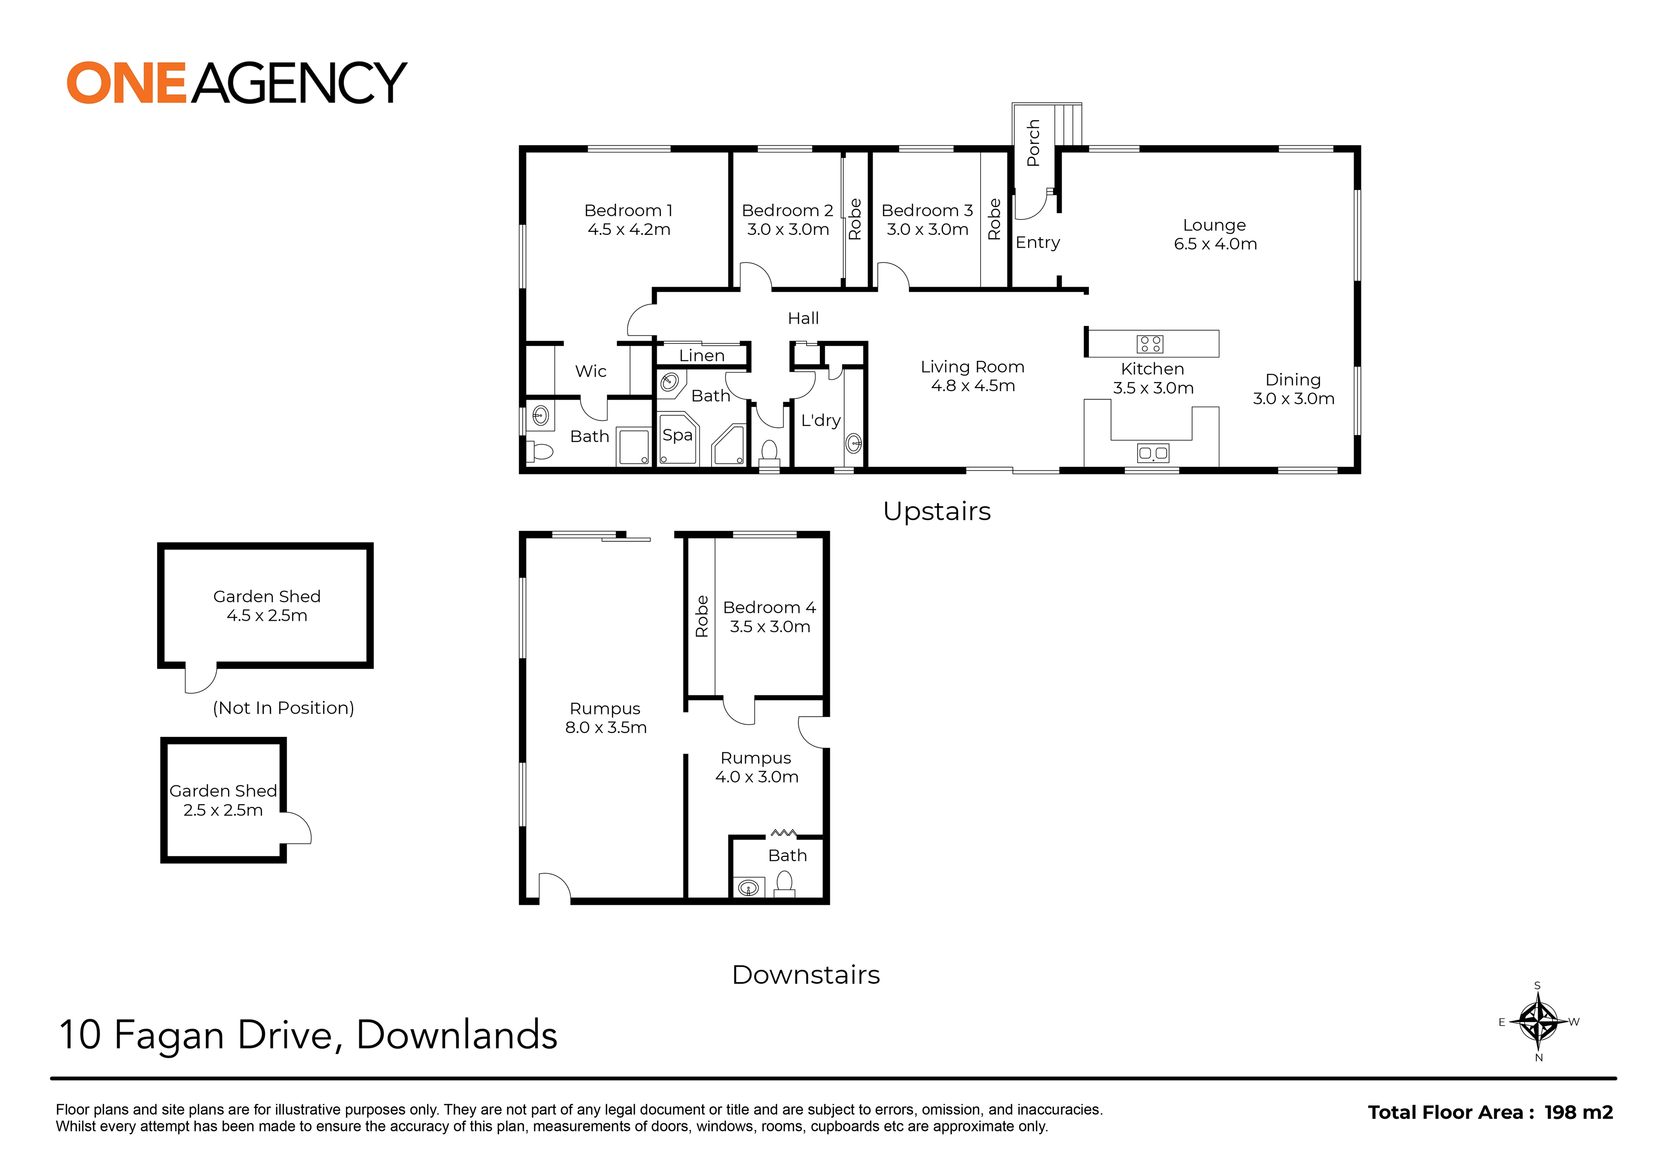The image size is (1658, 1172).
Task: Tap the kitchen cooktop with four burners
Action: click(x=1150, y=344)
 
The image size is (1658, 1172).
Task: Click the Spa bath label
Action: click(x=677, y=435)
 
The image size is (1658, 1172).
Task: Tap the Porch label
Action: click(x=1033, y=143)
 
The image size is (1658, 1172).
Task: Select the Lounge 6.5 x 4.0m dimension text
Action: click(x=1215, y=244)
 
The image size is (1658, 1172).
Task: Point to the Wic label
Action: click(x=591, y=371)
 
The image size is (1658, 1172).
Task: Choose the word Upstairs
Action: click(x=937, y=511)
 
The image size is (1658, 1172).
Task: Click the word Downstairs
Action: click(x=806, y=975)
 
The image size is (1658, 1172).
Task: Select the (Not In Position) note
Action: click(x=283, y=708)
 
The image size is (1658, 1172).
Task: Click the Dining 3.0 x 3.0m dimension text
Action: click(x=1293, y=398)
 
